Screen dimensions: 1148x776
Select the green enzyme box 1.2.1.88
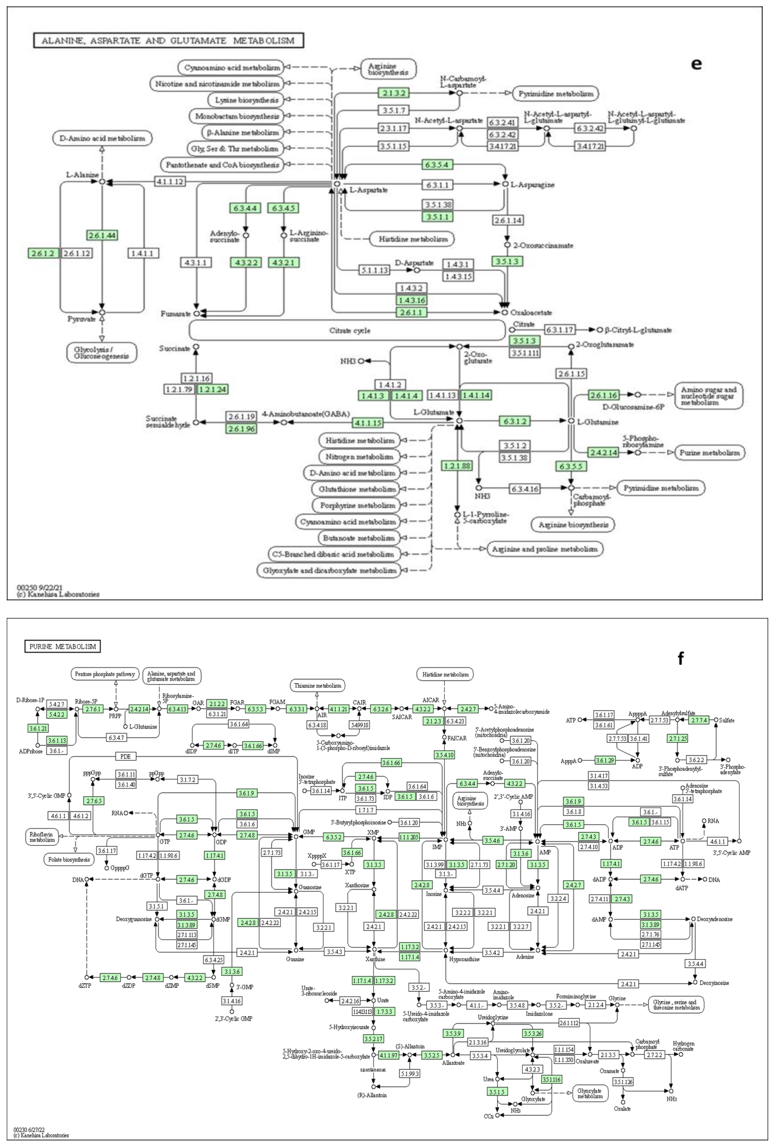pyautogui.click(x=457, y=465)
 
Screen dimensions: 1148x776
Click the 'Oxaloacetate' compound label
pyautogui.click(x=531, y=313)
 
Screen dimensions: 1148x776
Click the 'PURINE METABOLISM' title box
pyautogui.click(x=62, y=647)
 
